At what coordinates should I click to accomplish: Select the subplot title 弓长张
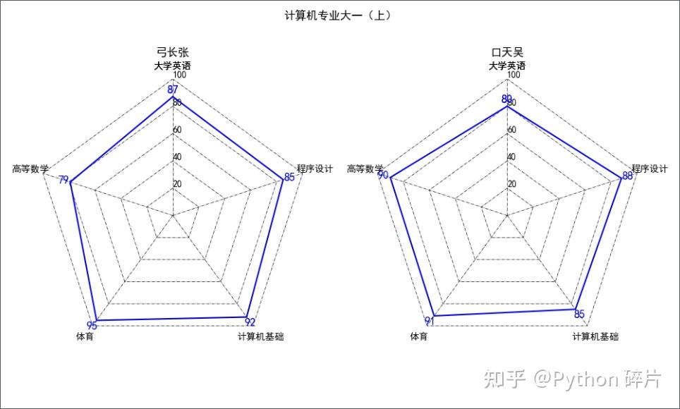(173, 52)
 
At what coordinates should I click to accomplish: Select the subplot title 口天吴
(507, 52)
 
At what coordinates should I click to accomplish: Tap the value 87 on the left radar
(173, 90)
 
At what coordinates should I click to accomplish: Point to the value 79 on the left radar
(64, 181)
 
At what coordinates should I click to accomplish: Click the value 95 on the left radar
(92, 325)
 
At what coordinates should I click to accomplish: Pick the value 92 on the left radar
(250, 323)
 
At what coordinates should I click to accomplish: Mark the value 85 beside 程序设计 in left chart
(289, 177)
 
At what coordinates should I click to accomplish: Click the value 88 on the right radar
(626, 176)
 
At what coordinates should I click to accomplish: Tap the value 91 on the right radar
(429, 321)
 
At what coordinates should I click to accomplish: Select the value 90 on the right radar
(383, 175)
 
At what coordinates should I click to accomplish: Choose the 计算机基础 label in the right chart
(595, 337)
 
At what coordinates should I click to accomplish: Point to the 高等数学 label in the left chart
(30, 169)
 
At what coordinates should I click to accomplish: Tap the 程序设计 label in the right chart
(649, 169)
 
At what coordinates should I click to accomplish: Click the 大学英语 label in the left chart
(173, 66)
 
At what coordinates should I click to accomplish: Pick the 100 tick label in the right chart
(514, 75)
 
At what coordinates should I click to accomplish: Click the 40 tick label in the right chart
(511, 157)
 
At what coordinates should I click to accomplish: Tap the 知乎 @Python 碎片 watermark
(571, 379)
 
